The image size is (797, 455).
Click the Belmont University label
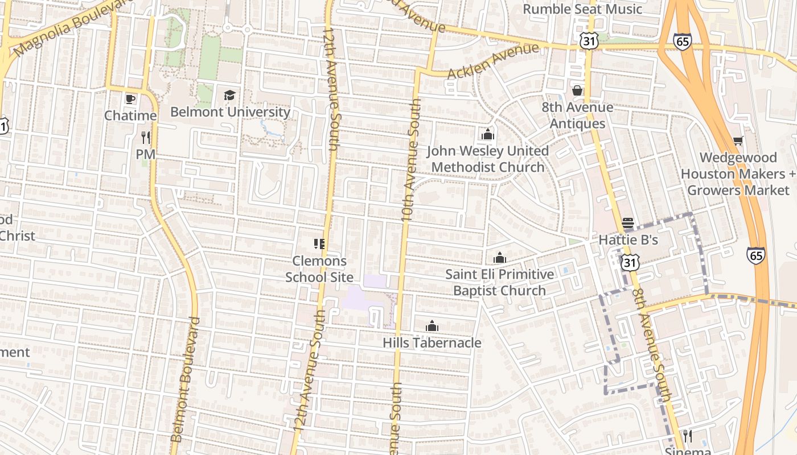(230, 111)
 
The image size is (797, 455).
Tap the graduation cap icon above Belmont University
(229, 95)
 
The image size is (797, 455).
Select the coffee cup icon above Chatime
(130, 99)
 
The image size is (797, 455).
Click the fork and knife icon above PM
(145, 137)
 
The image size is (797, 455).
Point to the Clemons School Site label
(319, 269)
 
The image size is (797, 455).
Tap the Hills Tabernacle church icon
(432, 326)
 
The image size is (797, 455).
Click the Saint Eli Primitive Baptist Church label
(499, 282)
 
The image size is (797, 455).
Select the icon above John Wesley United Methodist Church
(487, 135)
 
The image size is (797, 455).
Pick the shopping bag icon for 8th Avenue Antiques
(577, 90)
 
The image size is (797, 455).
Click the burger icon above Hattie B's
(628, 223)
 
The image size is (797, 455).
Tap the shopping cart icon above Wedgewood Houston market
(738, 140)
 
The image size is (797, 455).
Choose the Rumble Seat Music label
(582, 9)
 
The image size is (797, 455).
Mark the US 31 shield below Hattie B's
(630, 262)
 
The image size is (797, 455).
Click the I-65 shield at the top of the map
(682, 41)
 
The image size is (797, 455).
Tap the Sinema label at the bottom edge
(688, 450)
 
